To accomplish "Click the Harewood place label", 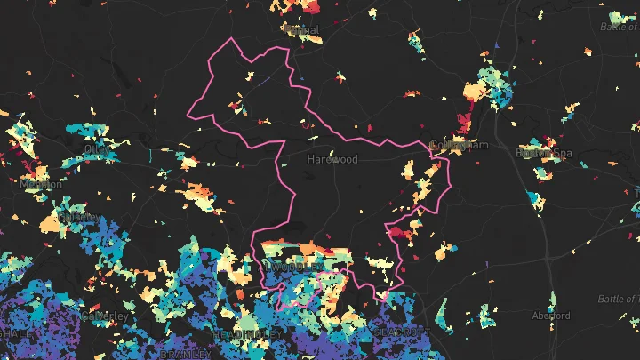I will coord(332,160).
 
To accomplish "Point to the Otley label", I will coord(98,152).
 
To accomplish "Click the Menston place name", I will coord(42,184).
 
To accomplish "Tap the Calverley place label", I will coord(106,316).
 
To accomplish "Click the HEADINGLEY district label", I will coord(248,332).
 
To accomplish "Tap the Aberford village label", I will coord(550,316).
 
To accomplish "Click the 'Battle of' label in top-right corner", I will coord(619,27).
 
